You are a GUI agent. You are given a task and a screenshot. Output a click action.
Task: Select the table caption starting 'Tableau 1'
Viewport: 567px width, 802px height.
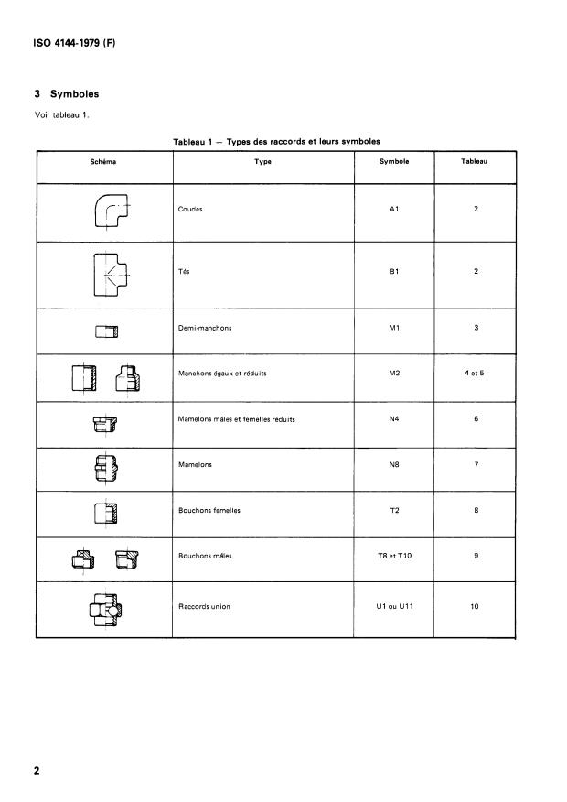276,141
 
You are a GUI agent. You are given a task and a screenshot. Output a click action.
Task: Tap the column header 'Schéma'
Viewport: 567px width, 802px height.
103,161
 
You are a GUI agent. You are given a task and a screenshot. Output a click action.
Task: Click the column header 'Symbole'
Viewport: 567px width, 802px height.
393,161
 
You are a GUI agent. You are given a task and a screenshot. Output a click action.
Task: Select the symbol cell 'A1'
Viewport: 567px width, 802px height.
394,209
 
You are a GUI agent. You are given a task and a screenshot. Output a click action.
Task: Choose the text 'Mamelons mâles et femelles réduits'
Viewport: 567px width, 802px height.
236,419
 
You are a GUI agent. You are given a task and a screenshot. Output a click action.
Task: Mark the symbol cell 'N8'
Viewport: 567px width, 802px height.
394,464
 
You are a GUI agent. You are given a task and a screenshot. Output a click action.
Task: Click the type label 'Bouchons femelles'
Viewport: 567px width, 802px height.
209,510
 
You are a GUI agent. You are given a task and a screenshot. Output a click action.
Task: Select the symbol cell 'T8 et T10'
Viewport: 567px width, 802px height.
394,556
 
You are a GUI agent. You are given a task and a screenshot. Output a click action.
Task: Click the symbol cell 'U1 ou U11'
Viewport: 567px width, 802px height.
394,605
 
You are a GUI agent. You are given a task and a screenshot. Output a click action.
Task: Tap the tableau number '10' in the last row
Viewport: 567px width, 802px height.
475,605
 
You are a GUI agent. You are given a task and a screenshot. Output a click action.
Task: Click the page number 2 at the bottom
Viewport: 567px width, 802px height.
37,771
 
